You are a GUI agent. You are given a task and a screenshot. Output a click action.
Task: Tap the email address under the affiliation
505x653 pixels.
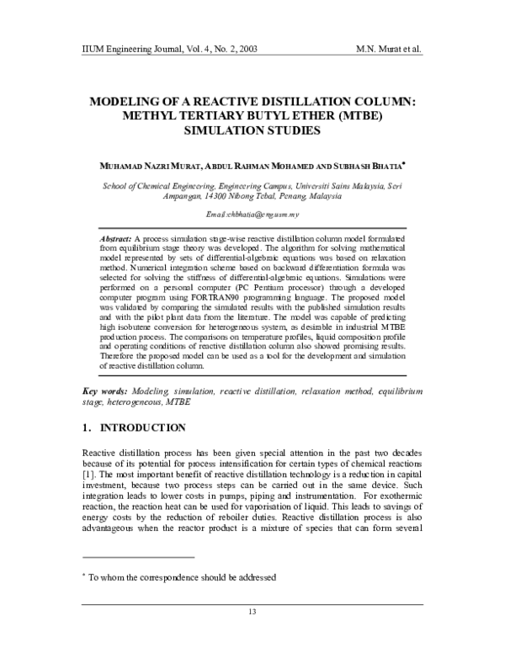coord(252,215)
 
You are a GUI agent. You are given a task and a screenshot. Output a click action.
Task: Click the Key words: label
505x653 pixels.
coord(104,392)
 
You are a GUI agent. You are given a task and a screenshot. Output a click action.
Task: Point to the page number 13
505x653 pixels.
coord(252,611)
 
